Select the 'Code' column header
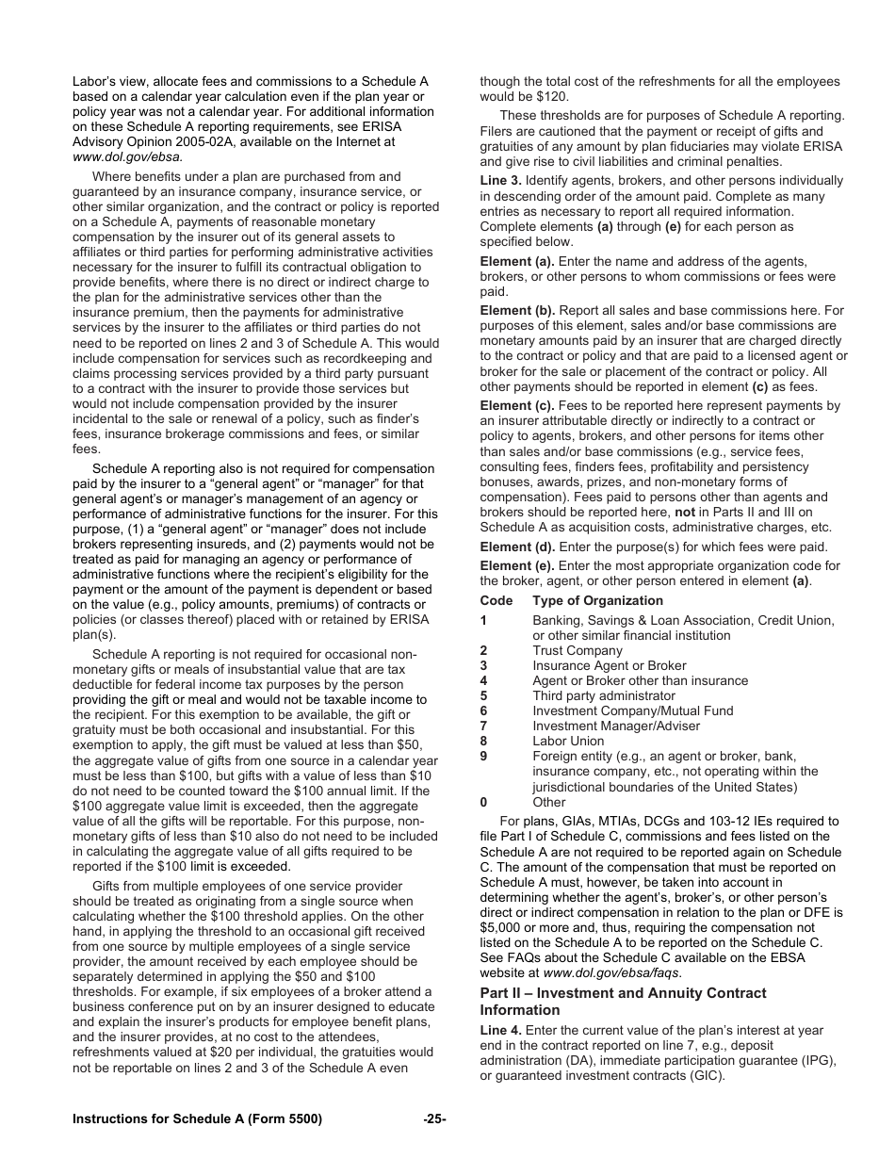[496, 601]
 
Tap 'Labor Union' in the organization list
[569, 742]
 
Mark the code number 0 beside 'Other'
[484, 803]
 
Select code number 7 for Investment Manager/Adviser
[484, 726]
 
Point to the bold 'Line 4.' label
[501, 1031]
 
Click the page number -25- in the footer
[434, 1119]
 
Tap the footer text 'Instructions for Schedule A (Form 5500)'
[197, 1119]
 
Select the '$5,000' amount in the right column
[502, 928]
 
